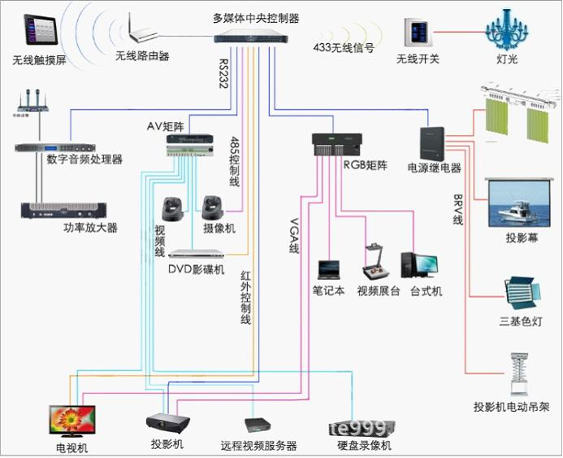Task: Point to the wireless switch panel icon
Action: point(418,33)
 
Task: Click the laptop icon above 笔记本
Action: point(329,269)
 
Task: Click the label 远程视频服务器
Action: point(258,446)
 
